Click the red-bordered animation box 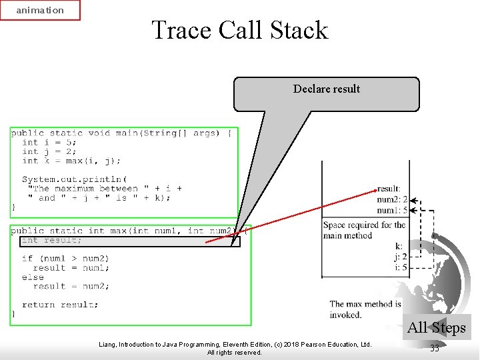(40, 10)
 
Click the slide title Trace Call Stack (240, 30)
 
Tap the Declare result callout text (327, 89)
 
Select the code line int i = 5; (49, 142)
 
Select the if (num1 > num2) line (65, 259)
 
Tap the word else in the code (33, 277)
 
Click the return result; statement (60, 305)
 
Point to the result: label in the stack (389, 189)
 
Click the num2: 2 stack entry (392, 199)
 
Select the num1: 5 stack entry (392, 210)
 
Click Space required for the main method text (364, 230)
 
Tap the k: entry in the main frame (399, 246)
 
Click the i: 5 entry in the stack (400, 267)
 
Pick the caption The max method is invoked (365, 309)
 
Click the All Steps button (437, 327)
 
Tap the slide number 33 (435, 348)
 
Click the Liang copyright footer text (235, 348)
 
